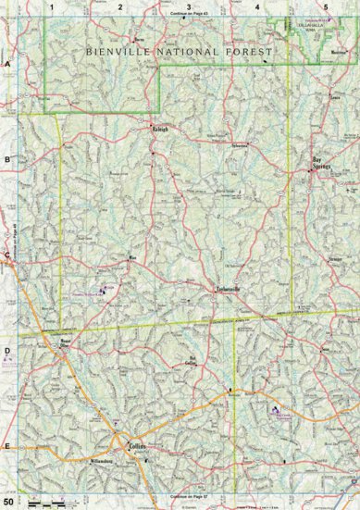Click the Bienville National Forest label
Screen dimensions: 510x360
(x=179, y=54)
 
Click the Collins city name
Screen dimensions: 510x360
(x=137, y=443)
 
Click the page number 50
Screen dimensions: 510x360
(x=7, y=502)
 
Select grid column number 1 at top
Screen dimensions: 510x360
(x=53, y=6)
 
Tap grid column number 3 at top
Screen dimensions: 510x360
(x=189, y=6)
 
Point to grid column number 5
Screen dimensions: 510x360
(x=325, y=6)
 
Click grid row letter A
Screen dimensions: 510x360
(x=6, y=65)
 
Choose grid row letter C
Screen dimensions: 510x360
(x=6, y=255)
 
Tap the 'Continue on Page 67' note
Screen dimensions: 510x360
(x=189, y=496)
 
